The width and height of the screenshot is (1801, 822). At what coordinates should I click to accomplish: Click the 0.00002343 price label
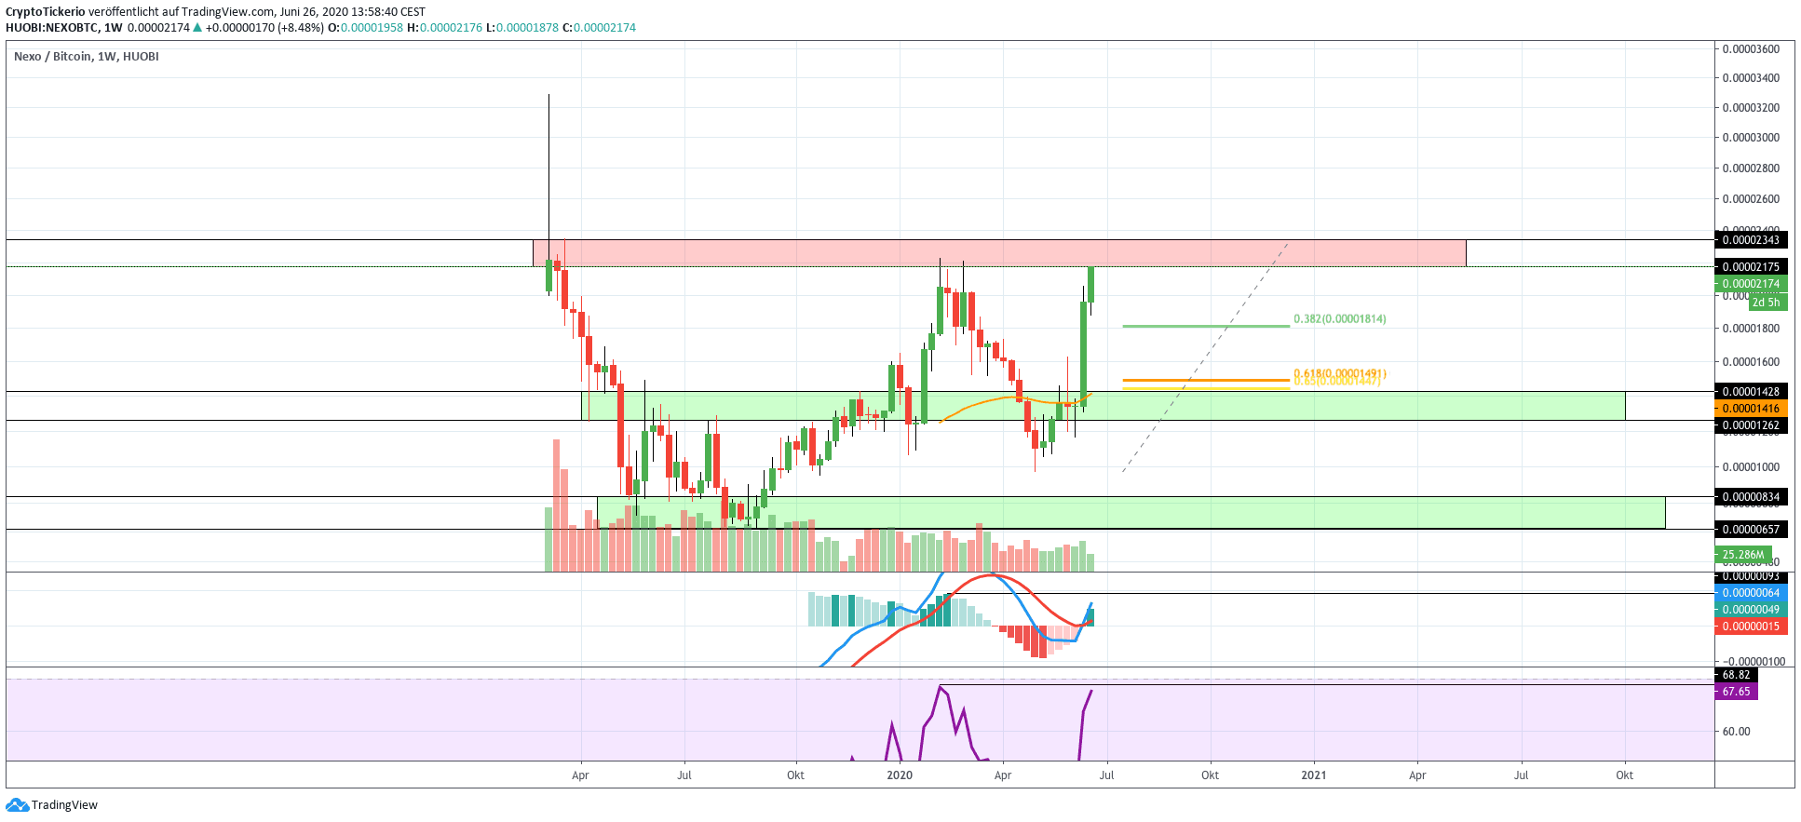(x=1750, y=240)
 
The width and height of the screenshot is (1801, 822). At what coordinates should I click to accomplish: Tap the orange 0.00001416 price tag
(x=1750, y=409)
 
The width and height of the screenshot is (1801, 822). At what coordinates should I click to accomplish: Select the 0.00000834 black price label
(x=1750, y=497)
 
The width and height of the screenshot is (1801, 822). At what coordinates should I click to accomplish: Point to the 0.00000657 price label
(x=1750, y=530)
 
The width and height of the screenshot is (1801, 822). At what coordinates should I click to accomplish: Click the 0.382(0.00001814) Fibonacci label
(x=1339, y=319)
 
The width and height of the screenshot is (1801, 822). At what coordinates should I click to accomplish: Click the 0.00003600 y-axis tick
(x=1750, y=49)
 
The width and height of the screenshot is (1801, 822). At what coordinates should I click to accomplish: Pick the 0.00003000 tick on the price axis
(x=1750, y=138)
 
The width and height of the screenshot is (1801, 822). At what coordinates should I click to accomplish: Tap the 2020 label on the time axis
(x=900, y=775)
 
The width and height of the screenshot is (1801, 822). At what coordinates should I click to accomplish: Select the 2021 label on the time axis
(x=1314, y=775)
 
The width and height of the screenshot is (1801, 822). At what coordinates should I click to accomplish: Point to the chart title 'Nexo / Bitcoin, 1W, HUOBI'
(x=87, y=57)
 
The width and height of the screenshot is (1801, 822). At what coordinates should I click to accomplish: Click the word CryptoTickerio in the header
(x=46, y=12)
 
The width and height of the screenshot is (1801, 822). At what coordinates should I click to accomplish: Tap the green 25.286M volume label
(x=1742, y=555)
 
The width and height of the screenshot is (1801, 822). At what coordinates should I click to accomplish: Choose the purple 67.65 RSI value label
(x=1736, y=692)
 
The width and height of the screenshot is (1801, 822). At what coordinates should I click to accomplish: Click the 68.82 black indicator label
(x=1736, y=675)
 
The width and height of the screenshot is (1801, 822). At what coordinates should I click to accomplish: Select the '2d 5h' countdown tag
(x=1766, y=303)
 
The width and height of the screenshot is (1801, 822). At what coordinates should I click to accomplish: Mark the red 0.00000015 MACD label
(x=1750, y=627)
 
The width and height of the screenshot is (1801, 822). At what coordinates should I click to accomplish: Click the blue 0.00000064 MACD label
(x=1750, y=593)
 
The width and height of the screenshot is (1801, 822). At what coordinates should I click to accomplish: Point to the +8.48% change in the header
(x=304, y=28)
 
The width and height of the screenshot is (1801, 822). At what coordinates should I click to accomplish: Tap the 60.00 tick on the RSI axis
(x=1736, y=732)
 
